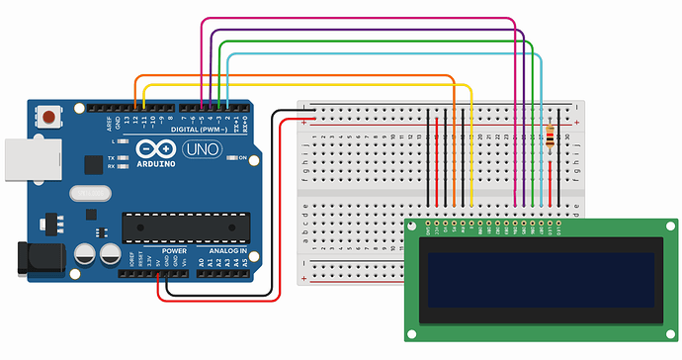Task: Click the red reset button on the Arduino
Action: (48, 118)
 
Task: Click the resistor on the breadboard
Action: (551, 138)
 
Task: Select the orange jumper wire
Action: (297, 76)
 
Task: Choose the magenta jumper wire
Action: (356, 19)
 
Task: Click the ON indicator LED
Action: (230, 158)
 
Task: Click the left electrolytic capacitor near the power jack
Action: (85, 255)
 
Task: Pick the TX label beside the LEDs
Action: (112, 157)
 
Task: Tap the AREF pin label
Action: (110, 124)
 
